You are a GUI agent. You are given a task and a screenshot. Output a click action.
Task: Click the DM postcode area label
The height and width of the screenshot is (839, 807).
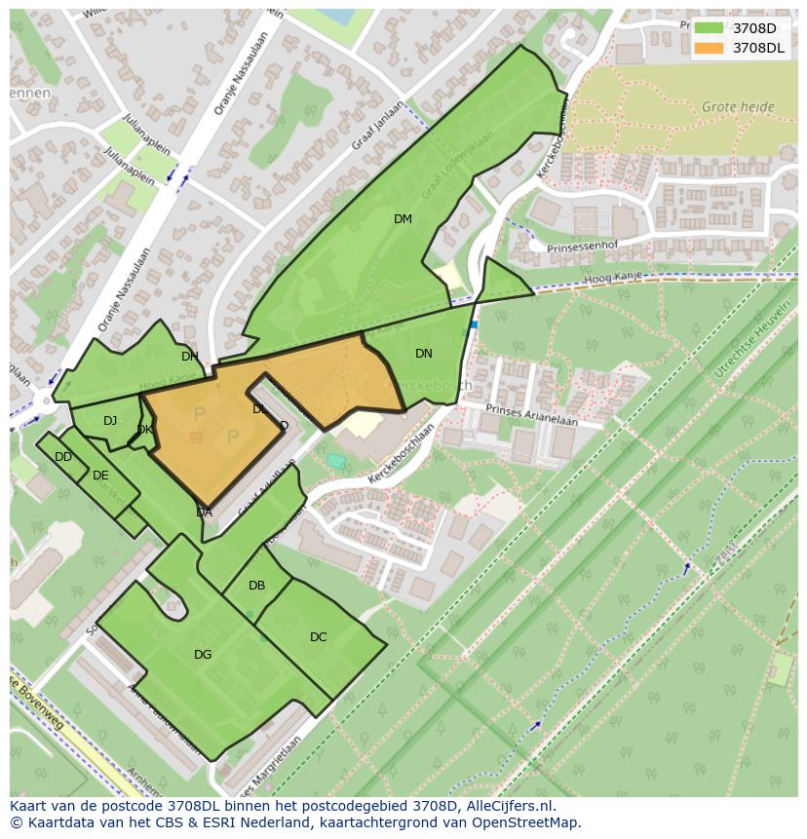(403, 219)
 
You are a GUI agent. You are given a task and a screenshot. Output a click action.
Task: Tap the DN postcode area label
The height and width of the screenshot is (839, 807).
(423, 354)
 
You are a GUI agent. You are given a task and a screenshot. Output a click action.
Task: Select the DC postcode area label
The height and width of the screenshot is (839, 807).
(318, 637)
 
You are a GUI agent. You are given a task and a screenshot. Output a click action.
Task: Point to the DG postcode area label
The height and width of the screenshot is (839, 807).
(203, 655)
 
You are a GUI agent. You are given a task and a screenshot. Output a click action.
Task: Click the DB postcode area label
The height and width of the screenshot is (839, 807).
(256, 586)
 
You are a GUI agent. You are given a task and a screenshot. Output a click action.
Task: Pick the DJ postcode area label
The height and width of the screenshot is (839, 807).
(110, 421)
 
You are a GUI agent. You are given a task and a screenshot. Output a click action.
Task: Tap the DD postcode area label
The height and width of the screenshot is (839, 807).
(63, 457)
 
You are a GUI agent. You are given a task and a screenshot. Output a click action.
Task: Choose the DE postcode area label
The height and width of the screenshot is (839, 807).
(100, 476)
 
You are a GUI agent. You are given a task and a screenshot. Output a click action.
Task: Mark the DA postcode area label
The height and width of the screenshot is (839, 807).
(204, 513)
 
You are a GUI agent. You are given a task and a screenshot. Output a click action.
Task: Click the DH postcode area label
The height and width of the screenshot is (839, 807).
(189, 357)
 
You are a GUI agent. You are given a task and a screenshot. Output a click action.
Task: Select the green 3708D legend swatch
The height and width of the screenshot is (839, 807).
(709, 28)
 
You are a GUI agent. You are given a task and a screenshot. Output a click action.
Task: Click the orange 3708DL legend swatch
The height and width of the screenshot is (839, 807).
(709, 47)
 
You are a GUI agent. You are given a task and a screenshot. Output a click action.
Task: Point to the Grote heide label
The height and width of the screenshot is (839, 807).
(738, 107)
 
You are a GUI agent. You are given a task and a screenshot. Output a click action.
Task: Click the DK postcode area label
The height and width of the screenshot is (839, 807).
(144, 430)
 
